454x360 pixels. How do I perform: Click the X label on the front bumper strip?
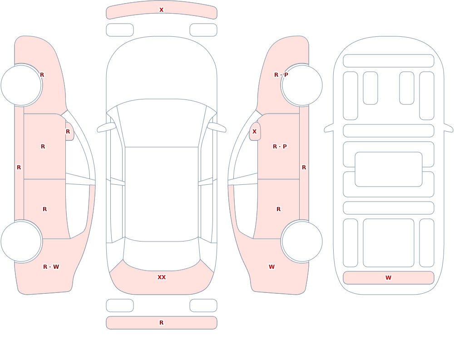coord(161,10)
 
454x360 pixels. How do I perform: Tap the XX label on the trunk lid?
coord(162,277)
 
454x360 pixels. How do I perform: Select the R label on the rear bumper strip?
coord(162,323)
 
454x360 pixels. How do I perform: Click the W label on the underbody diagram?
coord(388,278)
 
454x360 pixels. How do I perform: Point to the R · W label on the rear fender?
coord(51,267)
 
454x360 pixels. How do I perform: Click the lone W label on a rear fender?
coord(271,267)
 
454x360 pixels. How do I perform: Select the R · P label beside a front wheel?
coord(281,75)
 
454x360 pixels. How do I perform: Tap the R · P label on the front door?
coord(280,147)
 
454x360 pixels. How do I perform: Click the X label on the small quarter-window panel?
coord(255,132)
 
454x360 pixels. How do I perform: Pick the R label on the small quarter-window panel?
coord(68,132)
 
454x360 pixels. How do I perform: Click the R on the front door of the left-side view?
coord(43,147)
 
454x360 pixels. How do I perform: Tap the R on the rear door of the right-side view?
coord(279,209)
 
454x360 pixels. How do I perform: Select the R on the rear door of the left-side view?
coord(44,209)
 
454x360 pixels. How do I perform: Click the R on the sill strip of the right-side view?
coord(304,168)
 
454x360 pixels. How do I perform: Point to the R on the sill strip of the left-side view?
coord(19,168)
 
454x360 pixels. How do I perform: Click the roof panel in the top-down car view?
coord(162,193)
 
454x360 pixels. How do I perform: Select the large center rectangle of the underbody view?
coord(389,169)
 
